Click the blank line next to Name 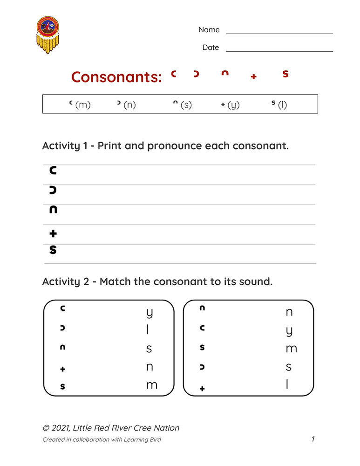pyautogui.click(x=279, y=33)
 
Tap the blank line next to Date pyautogui.click(x=279, y=51)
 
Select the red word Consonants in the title pyautogui.click(x=116, y=77)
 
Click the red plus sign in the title pyautogui.click(x=253, y=77)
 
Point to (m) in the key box pyautogui.click(x=82, y=105)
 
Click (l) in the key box pyautogui.click(x=282, y=105)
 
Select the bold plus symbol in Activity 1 pyautogui.click(x=53, y=233)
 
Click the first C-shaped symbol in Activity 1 pyautogui.click(x=53, y=171)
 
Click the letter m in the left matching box pyautogui.click(x=151, y=385)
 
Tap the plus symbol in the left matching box pyautogui.click(x=63, y=370)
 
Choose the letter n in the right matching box pyautogui.click(x=289, y=312)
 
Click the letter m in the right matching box pyautogui.click(x=291, y=349)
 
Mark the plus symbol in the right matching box pyautogui.click(x=202, y=388)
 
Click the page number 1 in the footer pyautogui.click(x=313, y=439)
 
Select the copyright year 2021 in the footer pyautogui.click(x=60, y=428)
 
